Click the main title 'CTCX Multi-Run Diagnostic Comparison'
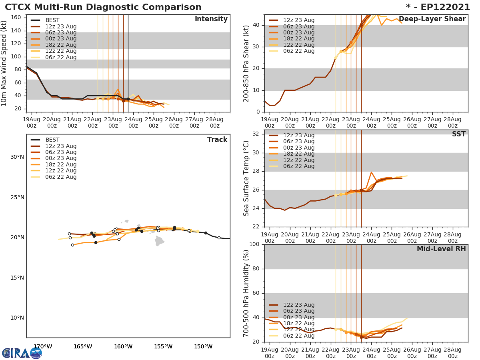click(103, 7)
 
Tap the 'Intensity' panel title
click(211, 19)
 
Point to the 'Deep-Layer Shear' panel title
click(432, 19)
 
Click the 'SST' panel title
click(458, 134)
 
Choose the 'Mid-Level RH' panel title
click(441, 249)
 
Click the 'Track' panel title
click(217, 140)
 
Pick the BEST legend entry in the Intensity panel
click(52, 20)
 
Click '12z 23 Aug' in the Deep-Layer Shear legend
click(298, 20)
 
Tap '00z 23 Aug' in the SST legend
click(298, 148)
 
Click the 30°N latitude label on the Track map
click(17, 157)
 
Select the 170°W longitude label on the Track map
click(42, 347)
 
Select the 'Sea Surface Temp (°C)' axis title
click(247, 178)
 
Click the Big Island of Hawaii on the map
click(160, 240)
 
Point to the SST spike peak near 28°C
click(371, 172)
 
